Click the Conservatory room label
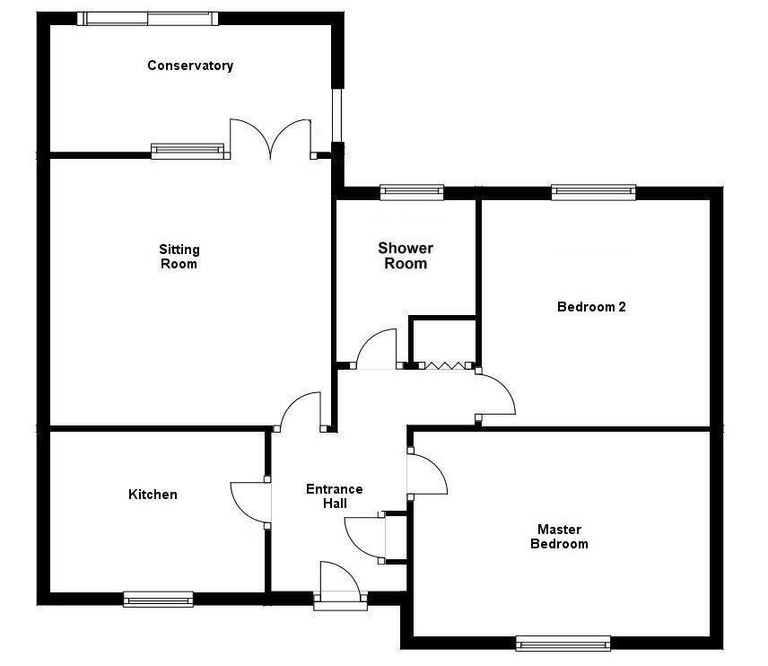pos(190,66)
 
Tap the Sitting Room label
pos(179,257)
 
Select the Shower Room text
pos(406,255)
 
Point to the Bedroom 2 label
pos(591,307)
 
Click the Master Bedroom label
pos(559,536)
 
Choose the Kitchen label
pos(153,494)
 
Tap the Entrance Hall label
pos(335,496)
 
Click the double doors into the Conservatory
pos(270,139)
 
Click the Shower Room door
pos(376,348)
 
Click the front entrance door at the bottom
pos(340,582)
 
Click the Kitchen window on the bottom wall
pos(158,599)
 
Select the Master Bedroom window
pos(563,643)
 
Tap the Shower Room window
pos(412,193)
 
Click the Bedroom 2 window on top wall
pos(594,193)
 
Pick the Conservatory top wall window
pos(147,19)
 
